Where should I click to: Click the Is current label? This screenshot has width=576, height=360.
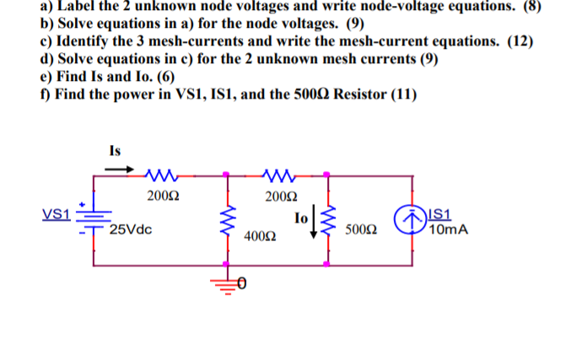coord(116,151)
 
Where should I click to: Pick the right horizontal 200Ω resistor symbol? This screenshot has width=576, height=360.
coord(278,175)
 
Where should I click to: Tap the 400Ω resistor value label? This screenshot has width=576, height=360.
coord(257,239)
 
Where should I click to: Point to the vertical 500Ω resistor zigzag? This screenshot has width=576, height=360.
coord(328,221)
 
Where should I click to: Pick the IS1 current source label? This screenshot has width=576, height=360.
coord(442,214)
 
